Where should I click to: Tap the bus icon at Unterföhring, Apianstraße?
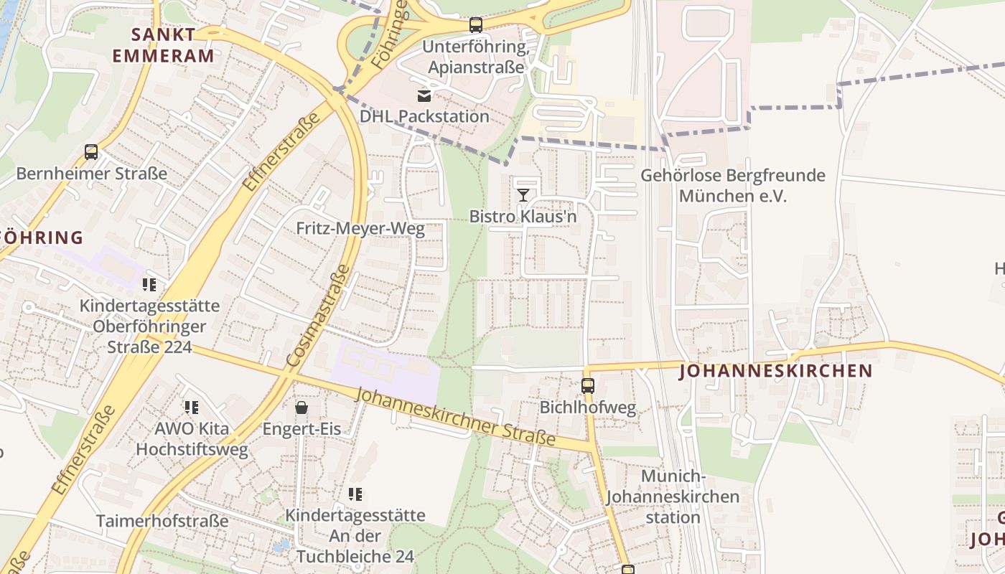(475, 26)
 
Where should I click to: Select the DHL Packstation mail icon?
(424, 95)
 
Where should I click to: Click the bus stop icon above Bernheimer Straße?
(91, 152)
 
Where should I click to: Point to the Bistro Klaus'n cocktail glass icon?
(523, 194)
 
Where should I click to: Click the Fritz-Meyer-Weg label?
(360, 230)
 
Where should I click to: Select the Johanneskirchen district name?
(775, 371)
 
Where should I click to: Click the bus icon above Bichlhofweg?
(588, 386)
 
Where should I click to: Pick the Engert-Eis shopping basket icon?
(301, 408)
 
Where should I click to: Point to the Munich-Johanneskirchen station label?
(672, 497)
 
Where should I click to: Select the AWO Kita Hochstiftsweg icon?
(192, 408)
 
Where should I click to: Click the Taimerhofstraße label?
(162, 521)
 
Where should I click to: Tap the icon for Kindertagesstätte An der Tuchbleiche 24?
(355, 494)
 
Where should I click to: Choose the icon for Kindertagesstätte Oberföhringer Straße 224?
(149, 285)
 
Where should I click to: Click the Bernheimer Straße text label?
(91, 174)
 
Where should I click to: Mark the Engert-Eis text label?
(301, 429)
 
